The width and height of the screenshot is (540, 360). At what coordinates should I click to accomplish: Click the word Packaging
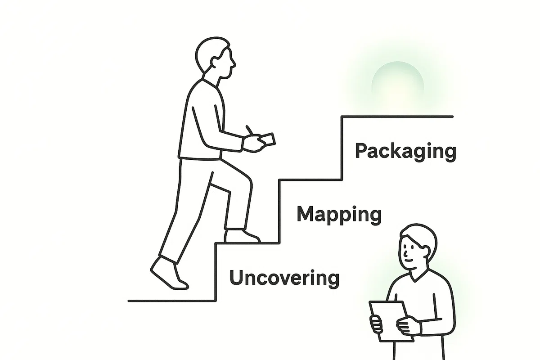point(406,152)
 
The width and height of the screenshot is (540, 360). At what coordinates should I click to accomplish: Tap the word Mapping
point(339,215)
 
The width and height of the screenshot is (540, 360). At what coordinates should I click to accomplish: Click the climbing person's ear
point(214,62)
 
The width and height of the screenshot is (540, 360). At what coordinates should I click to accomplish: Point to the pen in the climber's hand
point(249,130)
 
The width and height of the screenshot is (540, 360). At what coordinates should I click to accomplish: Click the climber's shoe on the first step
point(242,236)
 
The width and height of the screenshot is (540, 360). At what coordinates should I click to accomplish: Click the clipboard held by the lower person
point(391,321)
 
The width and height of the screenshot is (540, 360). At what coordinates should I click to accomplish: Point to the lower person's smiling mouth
point(409,261)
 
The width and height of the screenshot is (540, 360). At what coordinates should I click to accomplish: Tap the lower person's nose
point(406,253)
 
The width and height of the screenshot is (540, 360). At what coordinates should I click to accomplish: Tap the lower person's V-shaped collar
point(418,276)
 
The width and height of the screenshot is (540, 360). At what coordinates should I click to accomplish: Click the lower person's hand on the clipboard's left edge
point(376,325)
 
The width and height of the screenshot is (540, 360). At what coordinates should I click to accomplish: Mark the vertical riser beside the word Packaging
point(342,148)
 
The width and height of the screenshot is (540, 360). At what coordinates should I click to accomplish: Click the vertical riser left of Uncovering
point(216,272)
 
